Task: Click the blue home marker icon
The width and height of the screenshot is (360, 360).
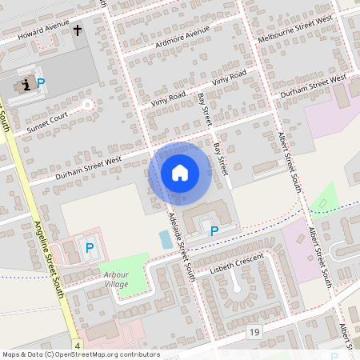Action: (180, 173)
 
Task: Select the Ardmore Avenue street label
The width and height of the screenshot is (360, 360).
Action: (184, 34)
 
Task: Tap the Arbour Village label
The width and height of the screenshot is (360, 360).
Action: (116, 279)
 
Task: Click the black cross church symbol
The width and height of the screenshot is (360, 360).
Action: (78, 30)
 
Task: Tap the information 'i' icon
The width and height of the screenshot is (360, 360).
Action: (26, 83)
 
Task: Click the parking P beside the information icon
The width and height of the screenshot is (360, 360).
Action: (41, 82)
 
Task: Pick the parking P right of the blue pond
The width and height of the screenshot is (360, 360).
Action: (214, 231)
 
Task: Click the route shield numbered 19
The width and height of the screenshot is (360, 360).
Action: (254, 331)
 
